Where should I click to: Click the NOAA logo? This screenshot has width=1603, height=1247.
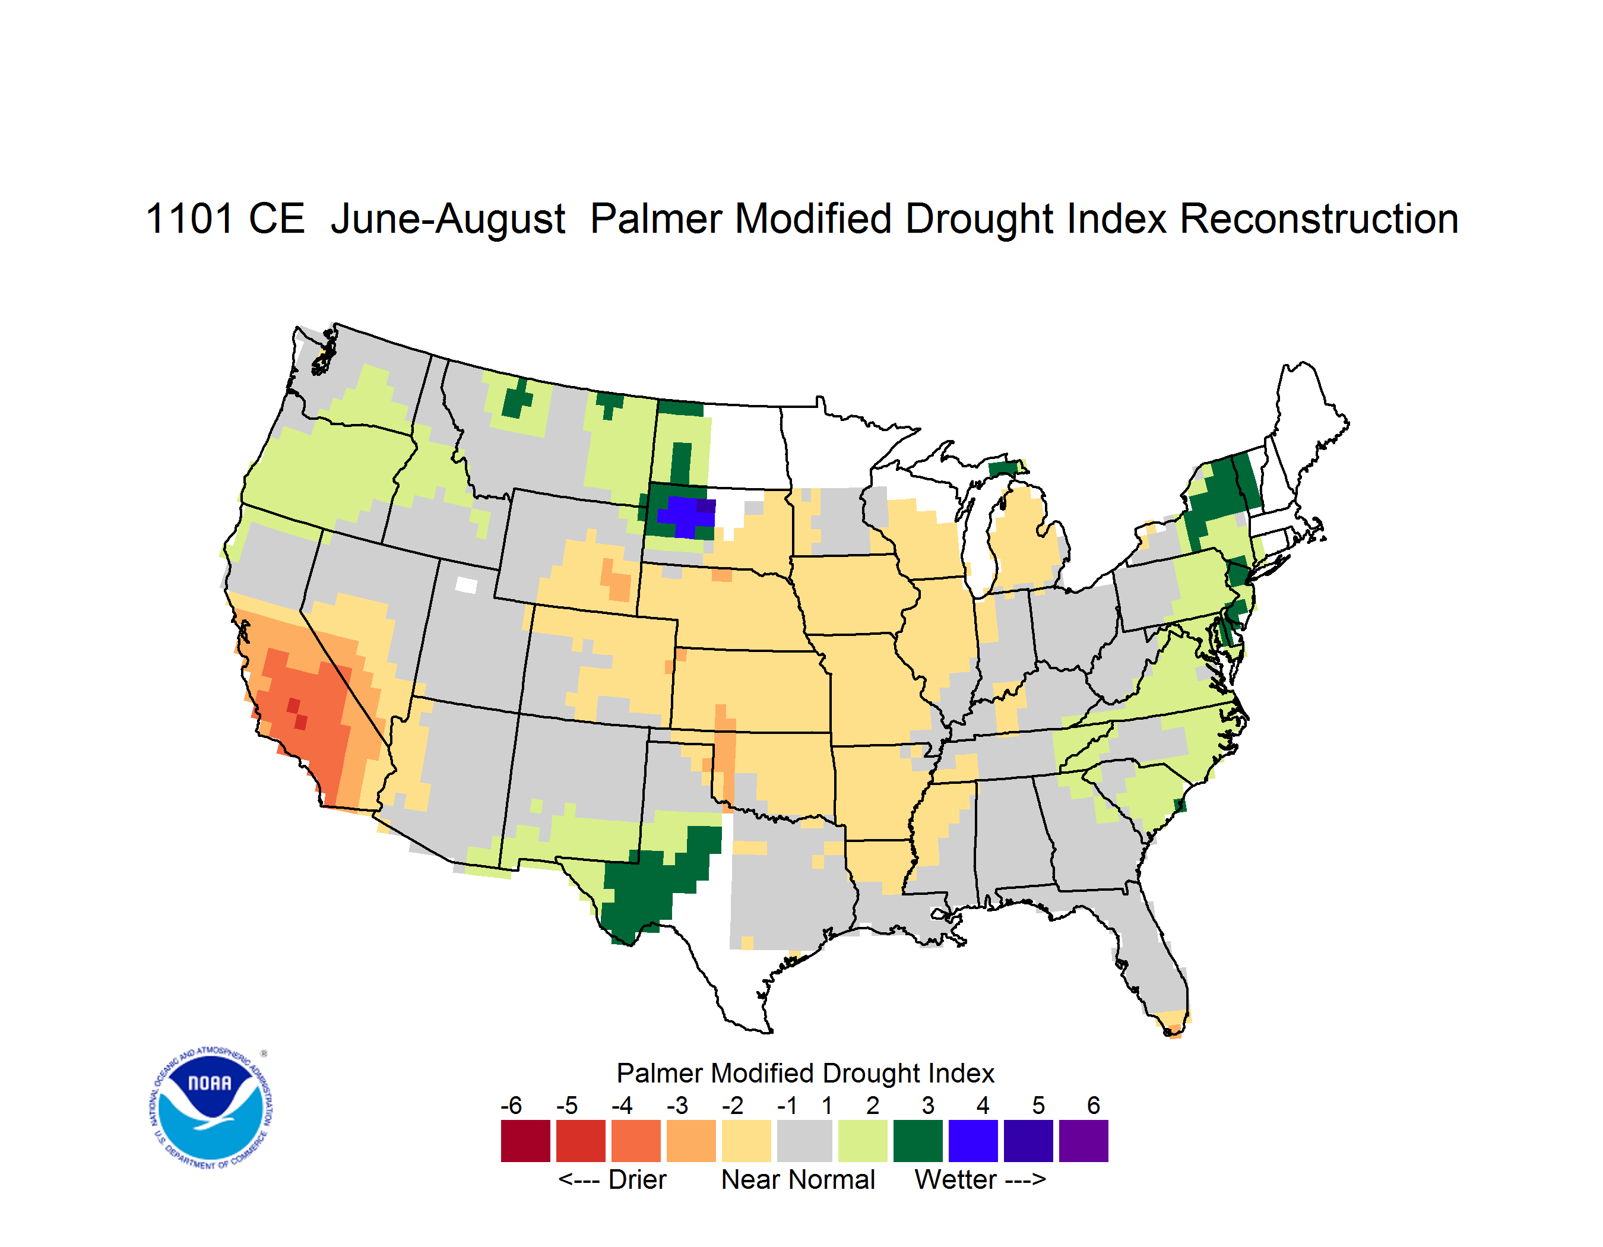[x=211, y=1107]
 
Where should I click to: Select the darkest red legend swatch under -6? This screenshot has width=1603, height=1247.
[x=525, y=1141]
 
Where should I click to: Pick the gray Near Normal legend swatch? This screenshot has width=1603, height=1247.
[x=804, y=1141]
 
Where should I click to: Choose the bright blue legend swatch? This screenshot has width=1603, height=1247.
[x=973, y=1141]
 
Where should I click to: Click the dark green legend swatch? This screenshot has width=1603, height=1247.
[x=917, y=1141]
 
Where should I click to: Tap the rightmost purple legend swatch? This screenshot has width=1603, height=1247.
[x=1084, y=1141]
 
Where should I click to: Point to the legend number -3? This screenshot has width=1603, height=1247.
[x=677, y=1104]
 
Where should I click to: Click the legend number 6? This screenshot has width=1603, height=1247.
[x=1094, y=1104]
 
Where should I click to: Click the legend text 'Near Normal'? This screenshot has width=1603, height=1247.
[x=798, y=1179]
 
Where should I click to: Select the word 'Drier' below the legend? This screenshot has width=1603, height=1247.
[x=637, y=1179]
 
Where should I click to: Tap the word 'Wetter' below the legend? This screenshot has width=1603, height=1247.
[x=956, y=1179]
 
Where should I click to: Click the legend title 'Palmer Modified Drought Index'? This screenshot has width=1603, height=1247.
[x=805, y=1073]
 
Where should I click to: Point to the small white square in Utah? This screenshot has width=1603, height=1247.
[x=466, y=585]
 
